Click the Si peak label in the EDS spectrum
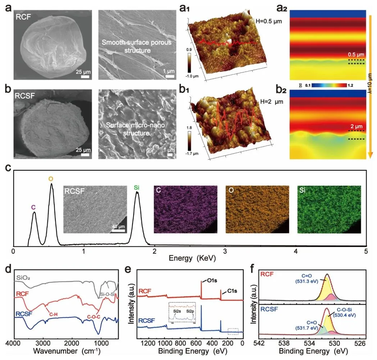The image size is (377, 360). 137,186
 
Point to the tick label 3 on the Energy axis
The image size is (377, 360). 225,251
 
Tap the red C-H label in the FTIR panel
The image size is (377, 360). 54,314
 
